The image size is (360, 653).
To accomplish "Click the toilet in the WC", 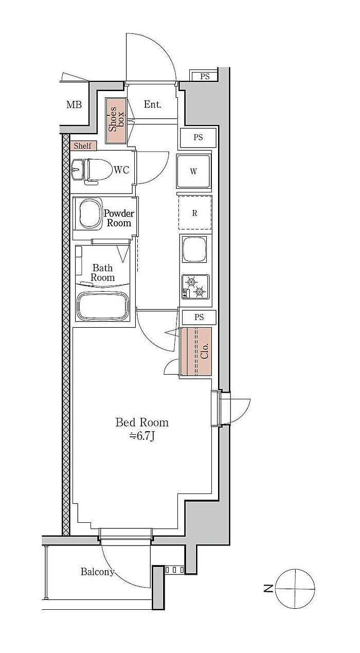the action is coord(98,171).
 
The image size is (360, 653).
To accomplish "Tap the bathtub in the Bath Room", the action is coord(102,306).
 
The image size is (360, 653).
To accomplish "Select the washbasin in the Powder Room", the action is coord(91,214).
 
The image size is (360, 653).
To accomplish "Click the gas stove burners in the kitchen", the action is coord(195,287).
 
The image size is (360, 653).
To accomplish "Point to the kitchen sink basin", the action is coord(194,249).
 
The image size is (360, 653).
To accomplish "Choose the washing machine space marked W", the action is coord(193,171).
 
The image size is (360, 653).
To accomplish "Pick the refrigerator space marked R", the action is coord(195,213).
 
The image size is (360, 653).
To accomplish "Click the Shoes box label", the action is coord(116,119).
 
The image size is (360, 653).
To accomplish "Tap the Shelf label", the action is coord(82,146).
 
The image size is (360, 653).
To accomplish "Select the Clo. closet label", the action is coord(205,351).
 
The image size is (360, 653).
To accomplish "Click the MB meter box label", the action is coord(74,104).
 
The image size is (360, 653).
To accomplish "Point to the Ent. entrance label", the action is coord(152,104).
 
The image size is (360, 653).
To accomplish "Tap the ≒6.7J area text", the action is coord(142,436).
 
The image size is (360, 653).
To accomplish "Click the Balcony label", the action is coord(97,571).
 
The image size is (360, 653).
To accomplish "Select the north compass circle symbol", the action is coord(295,589).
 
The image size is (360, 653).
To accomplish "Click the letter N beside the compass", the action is coord(268,589).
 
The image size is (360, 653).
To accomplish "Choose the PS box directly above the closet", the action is coord(199,317).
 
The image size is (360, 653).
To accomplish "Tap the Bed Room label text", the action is coord(142,422).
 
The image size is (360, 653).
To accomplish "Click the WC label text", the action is coord(121,170).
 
